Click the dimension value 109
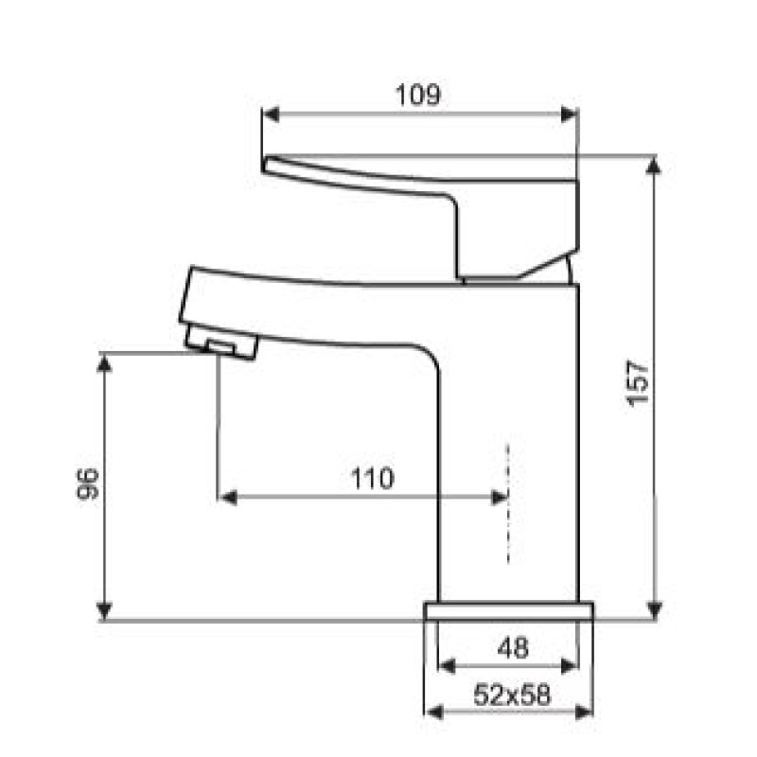(417, 95)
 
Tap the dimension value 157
(637, 383)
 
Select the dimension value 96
(87, 484)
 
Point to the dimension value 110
(372, 479)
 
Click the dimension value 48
(513, 647)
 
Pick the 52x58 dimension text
(512, 695)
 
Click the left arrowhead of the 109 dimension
(271, 114)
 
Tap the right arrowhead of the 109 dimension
(570, 114)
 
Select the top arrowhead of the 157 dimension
(654, 165)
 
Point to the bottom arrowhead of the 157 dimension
(654, 609)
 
